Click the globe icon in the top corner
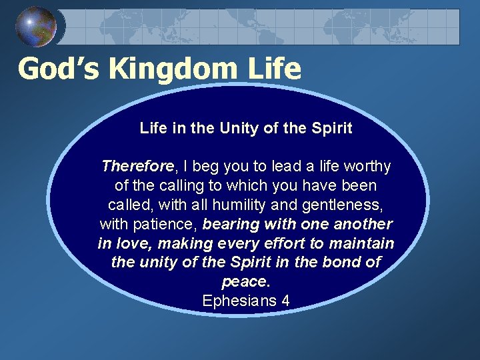(x=36, y=26)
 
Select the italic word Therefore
(x=137, y=166)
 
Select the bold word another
(x=363, y=224)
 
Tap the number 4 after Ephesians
(x=285, y=301)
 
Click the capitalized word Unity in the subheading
(x=234, y=128)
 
